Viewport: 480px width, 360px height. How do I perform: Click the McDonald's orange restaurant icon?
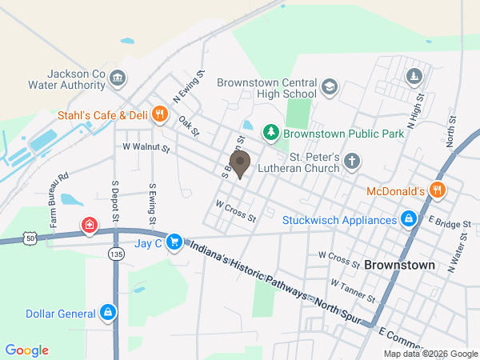click(437, 190)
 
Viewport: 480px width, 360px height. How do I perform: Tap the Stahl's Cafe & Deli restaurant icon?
click(159, 114)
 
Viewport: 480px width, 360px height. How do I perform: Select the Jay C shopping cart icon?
click(174, 241)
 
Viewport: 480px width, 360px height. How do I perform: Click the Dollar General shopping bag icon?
click(107, 313)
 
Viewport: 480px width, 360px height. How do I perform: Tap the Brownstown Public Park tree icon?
click(271, 131)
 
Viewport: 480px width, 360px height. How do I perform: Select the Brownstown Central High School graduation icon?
click(329, 86)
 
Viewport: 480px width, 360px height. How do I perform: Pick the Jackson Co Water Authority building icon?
click(118, 78)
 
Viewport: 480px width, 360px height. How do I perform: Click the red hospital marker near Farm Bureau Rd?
click(90, 225)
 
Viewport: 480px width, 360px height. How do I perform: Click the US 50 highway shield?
click(30, 238)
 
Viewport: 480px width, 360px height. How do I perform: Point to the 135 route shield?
click(116, 253)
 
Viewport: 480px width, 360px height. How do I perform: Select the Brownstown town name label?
click(399, 264)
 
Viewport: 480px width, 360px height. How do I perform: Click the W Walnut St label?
click(146, 147)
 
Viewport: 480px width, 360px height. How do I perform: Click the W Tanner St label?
click(352, 291)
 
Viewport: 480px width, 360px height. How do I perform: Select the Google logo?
click(27, 350)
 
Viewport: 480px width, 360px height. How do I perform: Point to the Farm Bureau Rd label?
click(59, 198)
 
